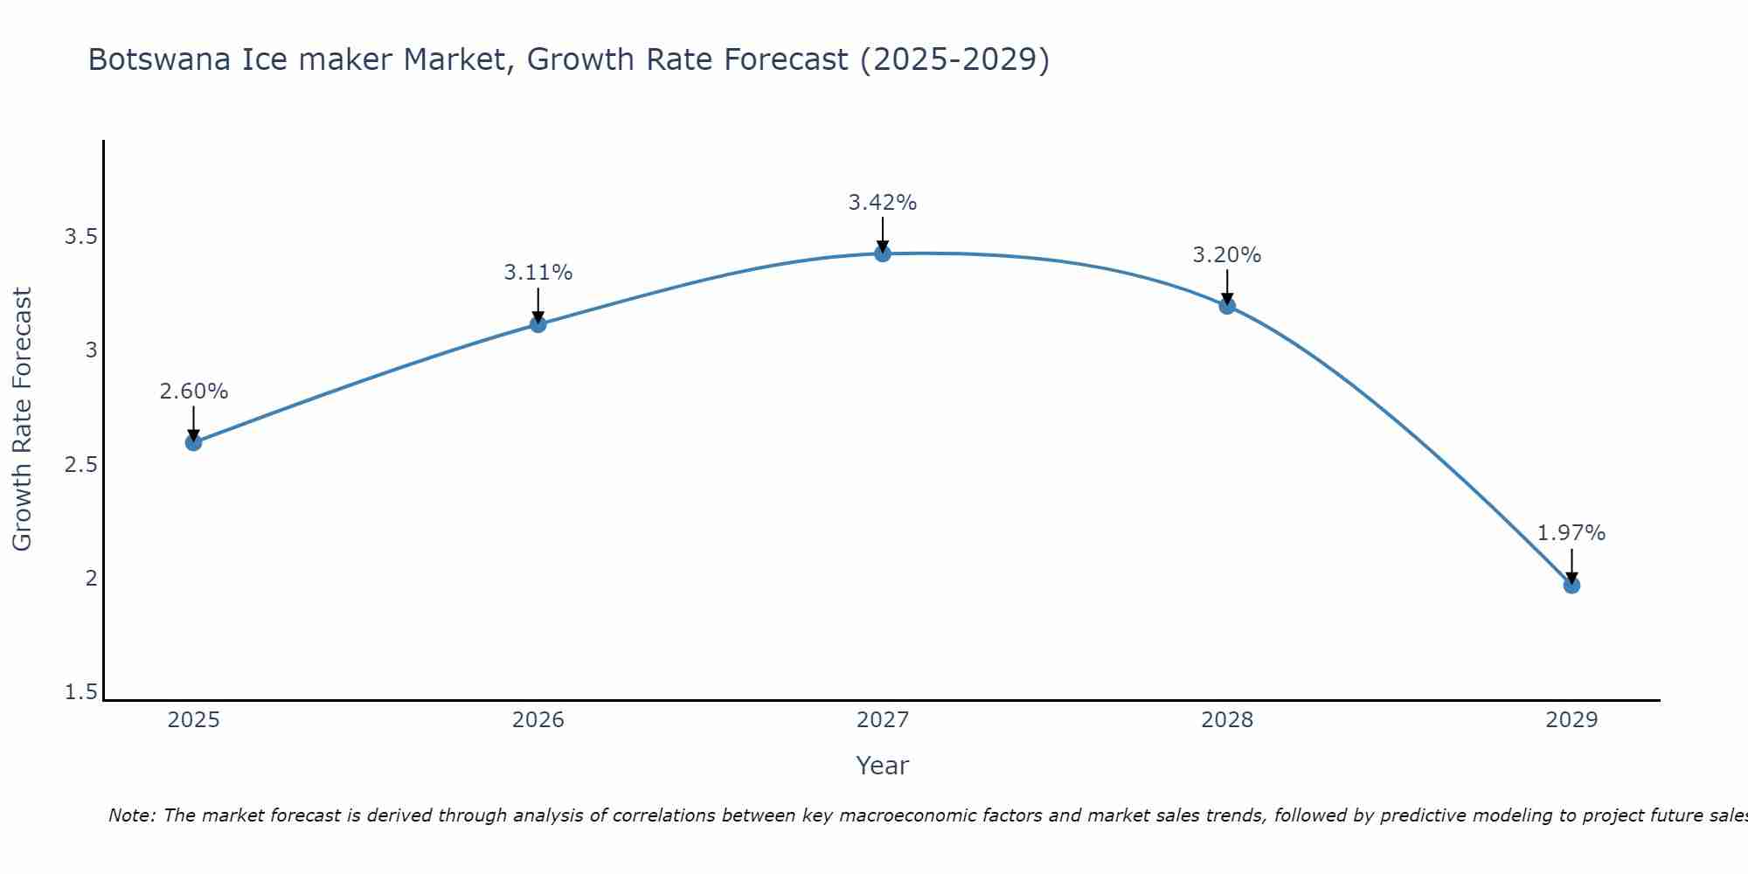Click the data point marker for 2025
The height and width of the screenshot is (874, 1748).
pyautogui.click(x=193, y=442)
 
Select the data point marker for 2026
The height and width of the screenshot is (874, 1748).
pyautogui.click(x=538, y=324)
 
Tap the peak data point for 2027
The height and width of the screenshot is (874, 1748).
pyautogui.click(x=883, y=253)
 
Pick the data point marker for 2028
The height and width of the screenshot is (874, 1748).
pyautogui.click(x=1227, y=305)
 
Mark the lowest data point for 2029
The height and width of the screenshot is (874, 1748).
pyautogui.click(x=1571, y=585)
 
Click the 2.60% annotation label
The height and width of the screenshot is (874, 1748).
pyautogui.click(x=193, y=392)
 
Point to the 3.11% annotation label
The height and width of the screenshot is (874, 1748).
pyautogui.click(x=538, y=273)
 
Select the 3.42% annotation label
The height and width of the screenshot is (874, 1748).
pyautogui.click(x=883, y=203)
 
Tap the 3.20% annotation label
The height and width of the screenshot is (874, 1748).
pyautogui.click(x=1227, y=255)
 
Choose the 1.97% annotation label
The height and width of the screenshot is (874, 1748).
pyautogui.click(x=1571, y=533)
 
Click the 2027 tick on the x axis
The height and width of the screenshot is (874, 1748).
pyautogui.click(x=883, y=720)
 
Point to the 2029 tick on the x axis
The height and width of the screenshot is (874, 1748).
pyautogui.click(x=1571, y=720)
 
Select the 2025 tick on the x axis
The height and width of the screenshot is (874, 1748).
pyautogui.click(x=193, y=720)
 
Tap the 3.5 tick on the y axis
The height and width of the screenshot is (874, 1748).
pyautogui.click(x=80, y=237)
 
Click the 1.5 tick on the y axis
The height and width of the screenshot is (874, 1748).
pyautogui.click(x=80, y=692)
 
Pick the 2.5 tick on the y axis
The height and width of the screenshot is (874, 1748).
pyautogui.click(x=80, y=464)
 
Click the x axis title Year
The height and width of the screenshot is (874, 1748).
pyautogui.click(x=883, y=766)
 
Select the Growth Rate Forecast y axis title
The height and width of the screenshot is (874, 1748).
pyautogui.click(x=22, y=420)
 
